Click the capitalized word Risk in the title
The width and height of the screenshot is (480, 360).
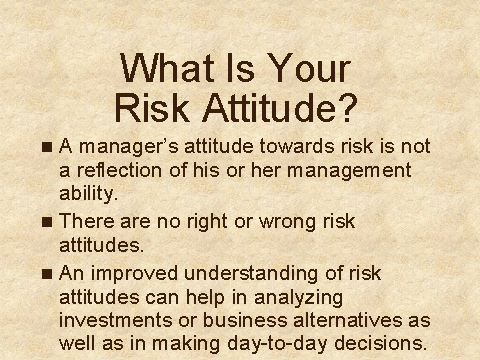tap(152, 107)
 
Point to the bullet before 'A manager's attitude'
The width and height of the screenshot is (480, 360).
tap(47, 147)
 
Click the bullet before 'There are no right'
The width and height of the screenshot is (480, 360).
tap(47, 222)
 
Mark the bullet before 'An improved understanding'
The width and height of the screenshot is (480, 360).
tap(47, 274)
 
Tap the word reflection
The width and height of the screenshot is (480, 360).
tap(120, 170)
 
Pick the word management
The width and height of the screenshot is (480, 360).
tap(349, 171)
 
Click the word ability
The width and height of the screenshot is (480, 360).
tap(88, 194)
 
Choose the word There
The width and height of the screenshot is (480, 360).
tap(87, 221)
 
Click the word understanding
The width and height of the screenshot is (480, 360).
tap(252, 274)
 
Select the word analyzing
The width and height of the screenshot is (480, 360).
tap(299, 298)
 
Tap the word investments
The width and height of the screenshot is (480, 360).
tap(116, 320)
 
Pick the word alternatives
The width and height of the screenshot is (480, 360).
tap(348, 320)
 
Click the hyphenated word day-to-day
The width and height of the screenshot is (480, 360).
tap(277, 344)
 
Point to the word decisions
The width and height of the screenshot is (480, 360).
tap(380, 343)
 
